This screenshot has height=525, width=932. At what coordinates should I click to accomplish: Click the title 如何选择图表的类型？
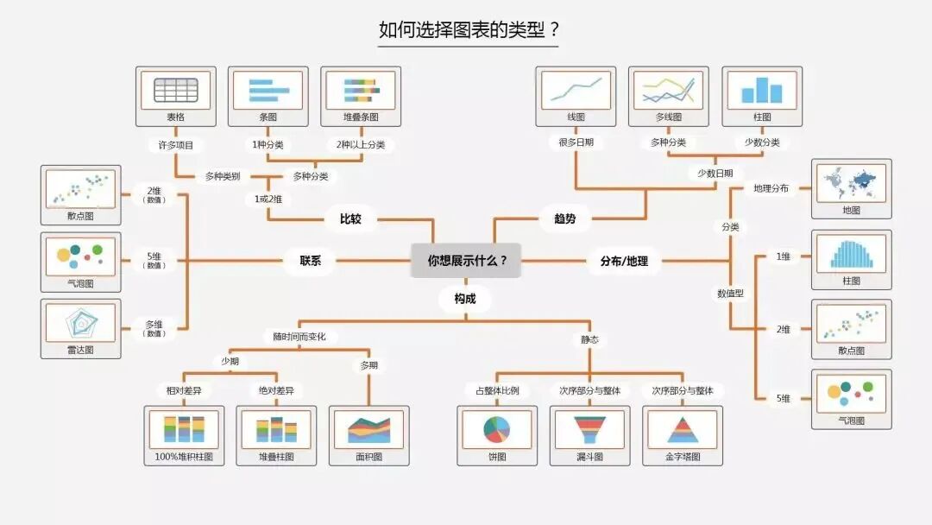pyautogui.click(x=469, y=31)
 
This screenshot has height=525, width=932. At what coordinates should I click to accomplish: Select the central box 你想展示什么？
pyautogui.click(x=466, y=260)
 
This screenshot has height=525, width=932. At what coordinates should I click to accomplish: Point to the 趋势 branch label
pyautogui.click(x=564, y=219)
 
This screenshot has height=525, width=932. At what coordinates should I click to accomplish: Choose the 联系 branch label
pyautogui.click(x=311, y=260)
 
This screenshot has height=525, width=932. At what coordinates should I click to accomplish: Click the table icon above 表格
pyautogui.click(x=176, y=90)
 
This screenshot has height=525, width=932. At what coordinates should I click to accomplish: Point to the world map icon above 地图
pyautogui.click(x=851, y=182)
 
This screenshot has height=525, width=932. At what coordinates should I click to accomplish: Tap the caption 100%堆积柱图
pyautogui.click(x=184, y=457)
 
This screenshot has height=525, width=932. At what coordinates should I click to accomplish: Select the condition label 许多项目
pyautogui.click(x=175, y=145)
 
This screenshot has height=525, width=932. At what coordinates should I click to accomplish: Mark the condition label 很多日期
pyautogui.click(x=576, y=142)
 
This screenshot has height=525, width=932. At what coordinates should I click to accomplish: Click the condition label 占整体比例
pyautogui.click(x=492, y=390)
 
